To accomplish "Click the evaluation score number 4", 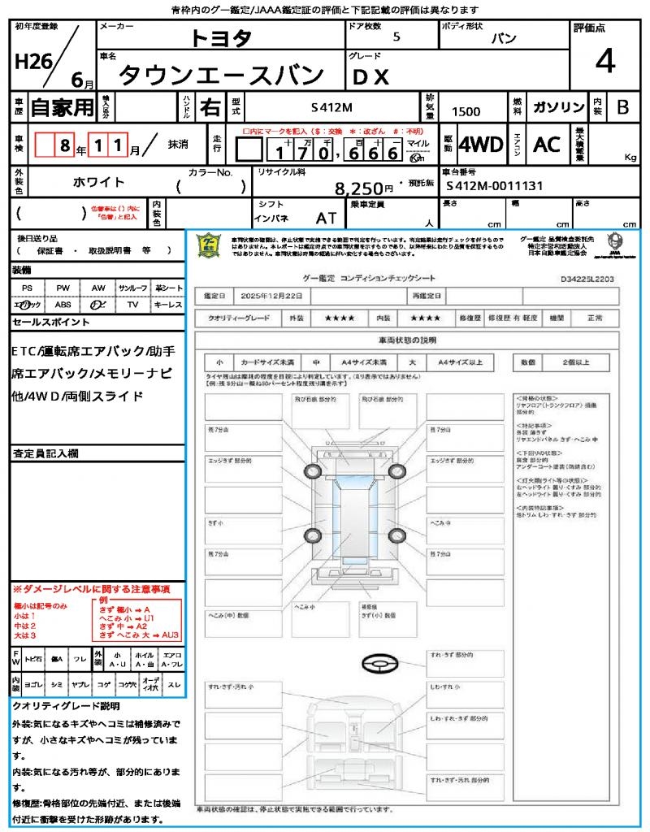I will click(604, 63).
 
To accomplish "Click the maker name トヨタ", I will click(221, 37).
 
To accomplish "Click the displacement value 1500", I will click(466, 112).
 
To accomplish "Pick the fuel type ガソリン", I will click(558, 107).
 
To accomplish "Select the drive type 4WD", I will click(481, 145).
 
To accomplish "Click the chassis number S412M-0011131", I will click(494, 186).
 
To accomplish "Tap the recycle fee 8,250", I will click(360, 188).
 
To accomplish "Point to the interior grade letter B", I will click(622, 107).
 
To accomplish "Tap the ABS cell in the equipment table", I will click(63, 304).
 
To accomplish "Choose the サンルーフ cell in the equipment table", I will click(132, 288).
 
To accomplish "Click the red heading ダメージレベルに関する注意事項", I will click(96, 588).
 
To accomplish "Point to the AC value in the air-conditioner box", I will click(547, 145).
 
